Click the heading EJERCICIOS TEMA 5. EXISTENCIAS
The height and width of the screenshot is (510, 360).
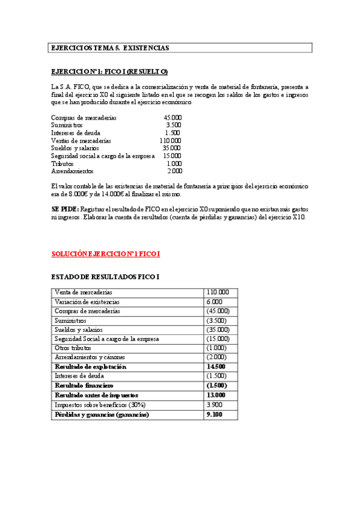click(x=109, y=47)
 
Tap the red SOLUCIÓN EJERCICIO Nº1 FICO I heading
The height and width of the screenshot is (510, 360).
click(x=105, y=254)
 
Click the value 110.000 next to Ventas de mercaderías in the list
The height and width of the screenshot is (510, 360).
click(x=171, y=140)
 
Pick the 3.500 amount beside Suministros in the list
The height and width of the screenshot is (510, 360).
click(x=173, y=125)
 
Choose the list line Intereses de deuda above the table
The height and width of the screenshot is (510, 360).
click(x=76, y=133)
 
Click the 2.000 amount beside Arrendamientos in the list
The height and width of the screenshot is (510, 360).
click(x=174, y=171)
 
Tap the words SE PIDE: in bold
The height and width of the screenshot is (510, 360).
click(x=65, y=207)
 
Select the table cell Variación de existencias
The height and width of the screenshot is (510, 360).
click(x=87, y=301)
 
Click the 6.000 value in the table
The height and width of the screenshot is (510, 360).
click(x=214, y=301)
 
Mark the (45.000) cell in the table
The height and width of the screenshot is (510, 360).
click(x=218, y=311)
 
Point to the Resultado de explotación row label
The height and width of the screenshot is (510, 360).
click(x=91, y=366)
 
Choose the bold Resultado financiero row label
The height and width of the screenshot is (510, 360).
click(x=84, y=385)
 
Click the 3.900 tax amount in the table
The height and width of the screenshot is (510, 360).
click(x=215, y=404)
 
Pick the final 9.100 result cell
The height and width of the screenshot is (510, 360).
click(x=214, y=414)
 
